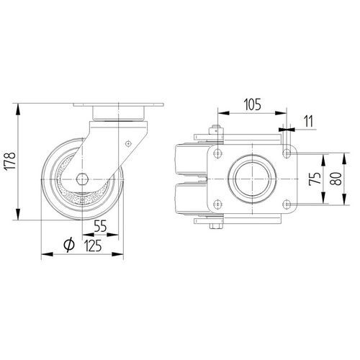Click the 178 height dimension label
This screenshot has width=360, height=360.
click(x=11, y=161)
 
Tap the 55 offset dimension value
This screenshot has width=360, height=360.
click(x=100, y=226)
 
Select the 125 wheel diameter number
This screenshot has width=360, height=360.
click(x=93, y=246)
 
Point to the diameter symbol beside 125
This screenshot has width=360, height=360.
click(x=69, y=245)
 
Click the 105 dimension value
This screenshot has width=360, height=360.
click(x=253, y=104)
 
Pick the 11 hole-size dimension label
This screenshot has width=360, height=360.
click(x=308, y=121)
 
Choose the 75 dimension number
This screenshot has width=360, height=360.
click(x=315, y=179)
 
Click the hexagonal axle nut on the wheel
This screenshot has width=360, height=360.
click(x=82, y=179)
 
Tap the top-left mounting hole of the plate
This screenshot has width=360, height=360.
click(x=217, y=153)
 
